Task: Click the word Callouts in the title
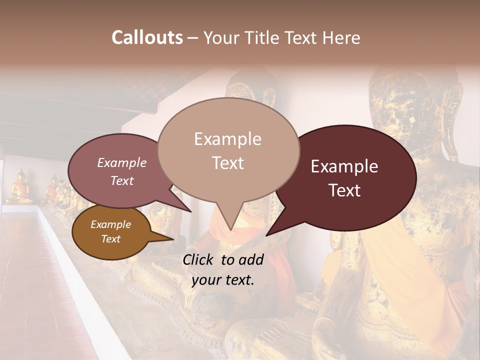(147, 37)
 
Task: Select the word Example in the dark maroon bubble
(344, 166)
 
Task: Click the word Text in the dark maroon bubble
(344, 190)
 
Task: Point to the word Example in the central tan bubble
(227, 139)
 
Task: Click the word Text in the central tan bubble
(227, 163)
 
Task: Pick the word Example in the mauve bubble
(121, 162)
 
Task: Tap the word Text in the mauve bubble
(121, 180)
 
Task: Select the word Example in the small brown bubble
(110, 224)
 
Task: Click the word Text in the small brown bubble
(110, 239)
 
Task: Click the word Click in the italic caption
(200, 259)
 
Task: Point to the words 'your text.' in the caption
(223, 280)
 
